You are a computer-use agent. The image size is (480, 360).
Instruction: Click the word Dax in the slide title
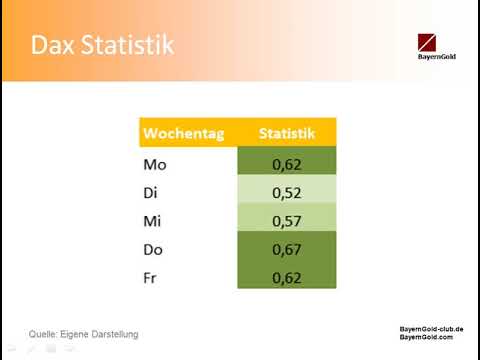[x=52, y=45]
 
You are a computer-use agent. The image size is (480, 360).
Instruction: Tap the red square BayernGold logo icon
[x=431, y=42]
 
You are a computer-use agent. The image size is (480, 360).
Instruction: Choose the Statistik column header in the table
[x=287, y=132]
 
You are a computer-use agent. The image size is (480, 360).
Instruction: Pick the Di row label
[x=153, y=191]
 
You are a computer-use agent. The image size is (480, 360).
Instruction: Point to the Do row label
[x=156, y=247]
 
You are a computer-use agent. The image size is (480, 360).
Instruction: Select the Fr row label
[x=152, y=275]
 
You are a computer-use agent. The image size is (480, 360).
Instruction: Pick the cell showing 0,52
[x=287, y=191]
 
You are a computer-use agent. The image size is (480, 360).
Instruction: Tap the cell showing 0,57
[x=287, y=219]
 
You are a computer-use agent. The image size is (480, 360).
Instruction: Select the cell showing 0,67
[x=287, y=247]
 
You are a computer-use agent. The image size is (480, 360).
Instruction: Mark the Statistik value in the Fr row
[x=287, y=275]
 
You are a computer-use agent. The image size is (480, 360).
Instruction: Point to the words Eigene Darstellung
[x=103, y=333]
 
